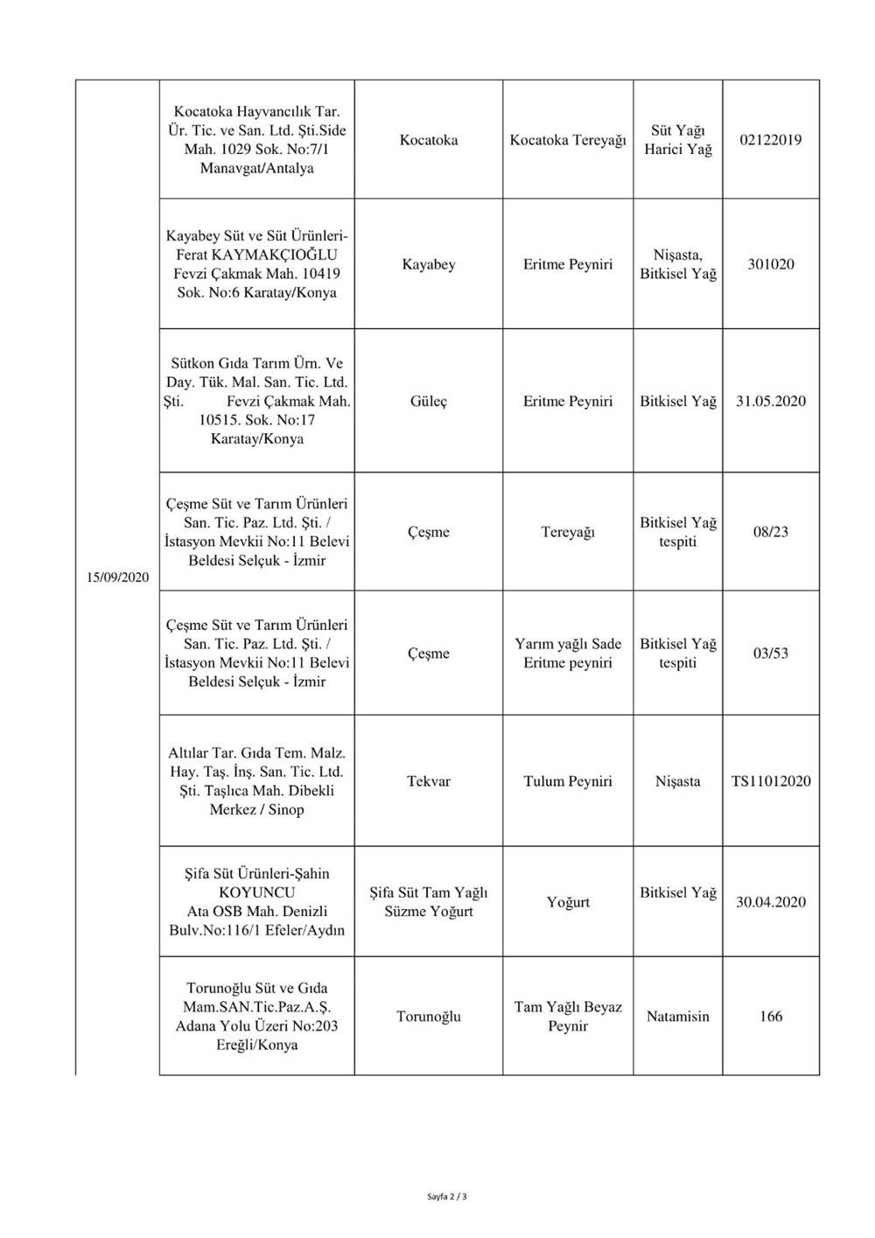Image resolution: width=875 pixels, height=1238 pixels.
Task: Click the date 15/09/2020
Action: tap(118, 577)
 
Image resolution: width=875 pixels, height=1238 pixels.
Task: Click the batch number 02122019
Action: tap(771, 140)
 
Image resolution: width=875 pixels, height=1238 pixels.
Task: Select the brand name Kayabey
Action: tap(429, 264)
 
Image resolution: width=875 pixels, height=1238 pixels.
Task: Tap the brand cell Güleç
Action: tap(429, 402)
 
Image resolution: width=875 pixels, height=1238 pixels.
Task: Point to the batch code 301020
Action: tap(771, 264)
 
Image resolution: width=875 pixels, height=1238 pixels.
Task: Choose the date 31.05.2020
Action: tap(771, 402)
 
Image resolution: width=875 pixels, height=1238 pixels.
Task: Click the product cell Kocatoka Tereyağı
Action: tap(568, 140)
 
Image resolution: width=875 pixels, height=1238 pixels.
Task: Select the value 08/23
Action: tap(771, 532)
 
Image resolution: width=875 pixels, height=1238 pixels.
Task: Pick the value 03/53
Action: tap(771, 654)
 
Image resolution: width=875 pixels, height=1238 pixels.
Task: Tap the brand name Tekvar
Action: tap(429, 781)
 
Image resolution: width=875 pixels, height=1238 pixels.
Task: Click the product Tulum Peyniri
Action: tap(568, 781)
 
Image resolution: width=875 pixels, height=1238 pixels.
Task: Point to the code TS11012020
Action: tap(771, 781)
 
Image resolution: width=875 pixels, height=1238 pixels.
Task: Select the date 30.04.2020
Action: tap(771, 902)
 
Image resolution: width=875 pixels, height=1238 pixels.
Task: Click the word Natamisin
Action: tap(678, 1017)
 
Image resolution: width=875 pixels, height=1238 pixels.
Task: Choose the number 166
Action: tap(771, 1017)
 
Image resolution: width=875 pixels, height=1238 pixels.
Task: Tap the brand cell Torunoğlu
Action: tap(429, 1017)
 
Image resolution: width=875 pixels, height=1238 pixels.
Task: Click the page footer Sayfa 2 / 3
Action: tap(448, 1195)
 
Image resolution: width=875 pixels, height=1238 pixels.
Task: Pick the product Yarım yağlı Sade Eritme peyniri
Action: tap(568, 654)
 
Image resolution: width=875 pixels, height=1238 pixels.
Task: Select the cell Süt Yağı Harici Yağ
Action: tap(678, 140)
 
